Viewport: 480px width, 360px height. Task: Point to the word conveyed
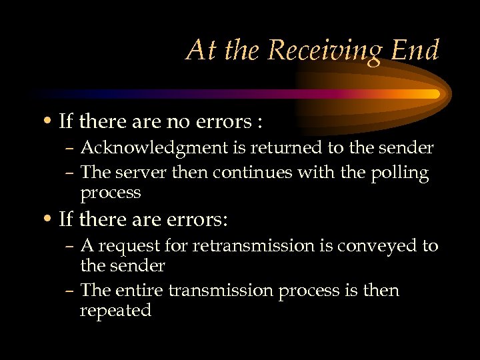click(369, 247)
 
